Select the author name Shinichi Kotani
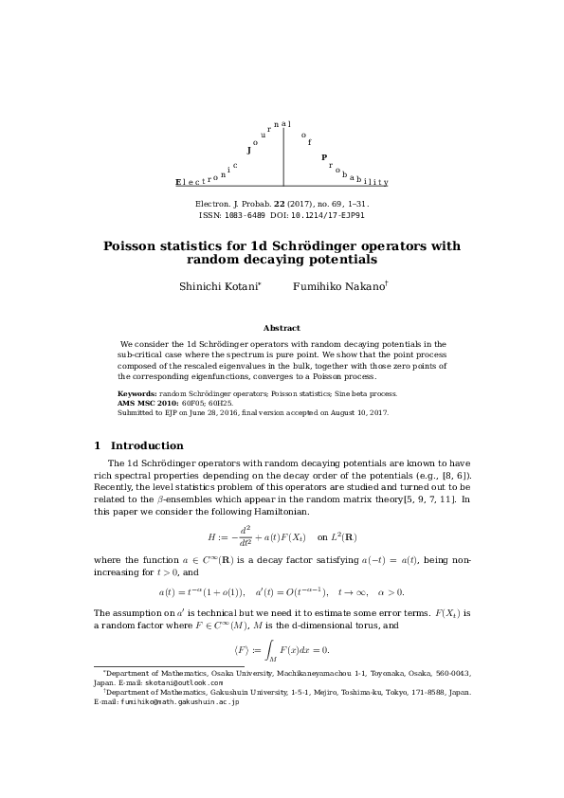click(x=220, y=285)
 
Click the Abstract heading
click(x=282, y=328)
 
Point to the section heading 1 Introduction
click(x=139, y=445)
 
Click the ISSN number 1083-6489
click(x=253, y=215)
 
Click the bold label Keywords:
click(x=137, y=393)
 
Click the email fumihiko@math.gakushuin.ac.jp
click(x=178, y=702)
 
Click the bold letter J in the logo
click(x=248, y=150)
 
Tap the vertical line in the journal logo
click(x=283, y=156)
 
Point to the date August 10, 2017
click(x=357, y=413)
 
